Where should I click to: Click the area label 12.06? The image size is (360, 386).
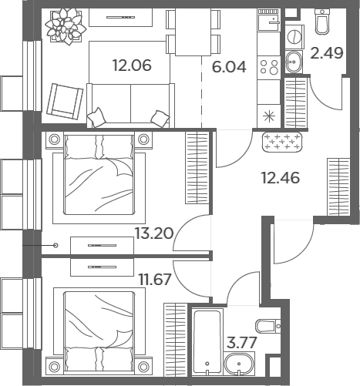coord(132,65)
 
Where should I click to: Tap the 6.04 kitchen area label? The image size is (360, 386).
coord(229,67)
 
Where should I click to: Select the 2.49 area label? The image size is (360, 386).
coord(327,53)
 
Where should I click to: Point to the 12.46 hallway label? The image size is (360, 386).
coord(281,178)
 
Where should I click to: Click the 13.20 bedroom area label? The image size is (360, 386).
coord(154,233)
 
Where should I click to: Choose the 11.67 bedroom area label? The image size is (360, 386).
coord(155,280)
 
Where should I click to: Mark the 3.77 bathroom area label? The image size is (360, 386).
coord(242,342)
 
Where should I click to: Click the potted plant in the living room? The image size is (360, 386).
coord(66,26)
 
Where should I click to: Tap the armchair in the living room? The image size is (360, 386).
coord(65,101)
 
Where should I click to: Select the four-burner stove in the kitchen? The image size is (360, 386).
coord(269,67)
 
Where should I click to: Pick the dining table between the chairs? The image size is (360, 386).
coord(193,32)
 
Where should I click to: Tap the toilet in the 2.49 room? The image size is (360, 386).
coord(322,21)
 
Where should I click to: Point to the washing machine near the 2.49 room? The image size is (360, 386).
coord(294,36)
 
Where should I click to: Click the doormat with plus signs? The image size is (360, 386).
coord(282,142)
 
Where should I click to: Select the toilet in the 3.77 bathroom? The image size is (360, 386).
coord(268,326)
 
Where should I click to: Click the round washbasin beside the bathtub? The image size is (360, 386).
coord(239,364)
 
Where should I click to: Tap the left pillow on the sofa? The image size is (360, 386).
coord(96,118)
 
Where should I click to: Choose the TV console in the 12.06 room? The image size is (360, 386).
coord(121,17)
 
